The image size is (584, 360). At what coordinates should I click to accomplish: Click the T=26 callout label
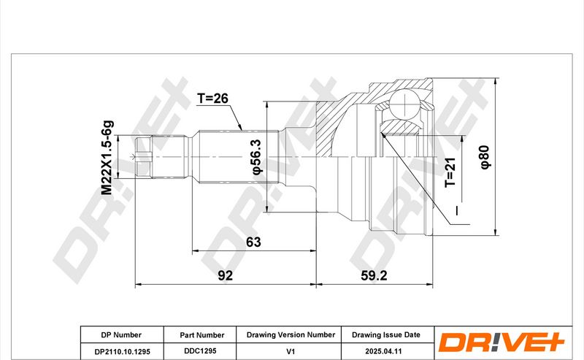[x=212, y=99]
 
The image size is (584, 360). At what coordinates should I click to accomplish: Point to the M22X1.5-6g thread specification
[x=107, y=157]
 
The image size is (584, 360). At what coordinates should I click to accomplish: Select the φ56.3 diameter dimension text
[x=257, y=157]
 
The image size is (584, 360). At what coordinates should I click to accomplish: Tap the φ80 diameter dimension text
[x=485, y=157]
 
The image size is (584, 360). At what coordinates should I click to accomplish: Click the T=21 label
[x=450, y=172]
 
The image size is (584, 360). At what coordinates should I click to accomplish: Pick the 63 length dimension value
[x=253, y=242]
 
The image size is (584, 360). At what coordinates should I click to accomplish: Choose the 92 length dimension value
[x=226, y=276]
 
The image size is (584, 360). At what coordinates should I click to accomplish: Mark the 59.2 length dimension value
[x=374, y=276]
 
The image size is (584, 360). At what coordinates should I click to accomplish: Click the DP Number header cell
[x=121, y=335]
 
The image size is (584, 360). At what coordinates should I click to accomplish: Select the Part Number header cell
[x=202, y=335]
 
